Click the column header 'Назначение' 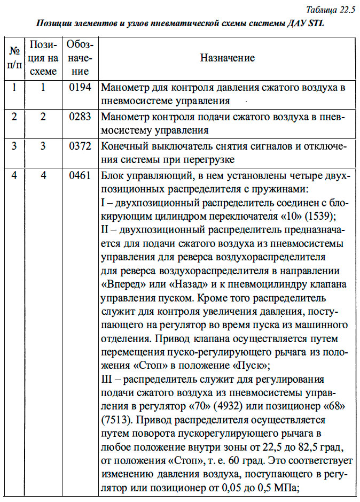point(227,58)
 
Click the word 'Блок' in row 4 point(112,176)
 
